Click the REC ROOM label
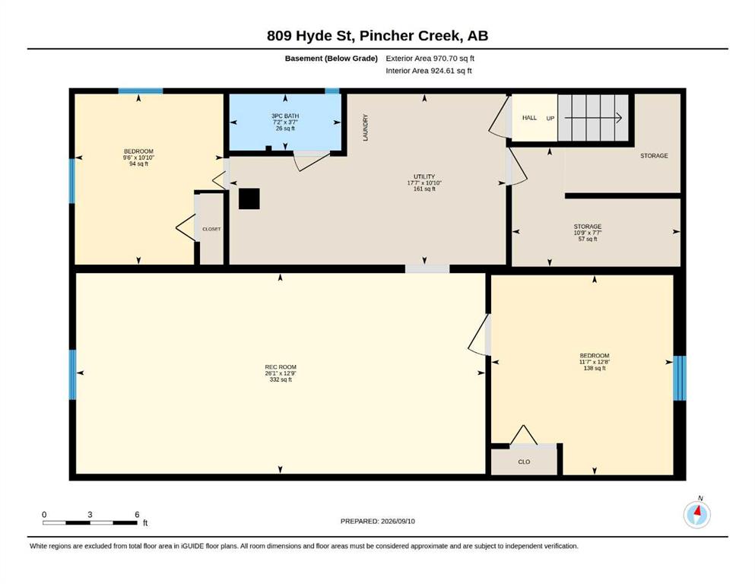click(x=281, y=367)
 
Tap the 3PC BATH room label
click(x=285, y=116)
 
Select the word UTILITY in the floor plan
click(x=424, y=176)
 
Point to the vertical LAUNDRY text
click(x=365, y=128)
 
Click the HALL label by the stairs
click(x=529, y=118)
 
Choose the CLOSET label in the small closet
click(x=211, y=229)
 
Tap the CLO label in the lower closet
click(x=524, y=462)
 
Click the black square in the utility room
click(x=249, y=198)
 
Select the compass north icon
click(x=696, y=514)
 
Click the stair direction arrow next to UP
click(x=593, y=118)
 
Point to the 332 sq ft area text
click(x=281, y=379)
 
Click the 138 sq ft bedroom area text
click(x=595, y=368)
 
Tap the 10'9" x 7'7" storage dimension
click(x=588, y=233)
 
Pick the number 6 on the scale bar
click(x=137, y=515)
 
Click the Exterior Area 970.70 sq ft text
click(x=430, y=59)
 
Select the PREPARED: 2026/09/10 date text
click(x=377, y=521)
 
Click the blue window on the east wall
click(x=680, y=378)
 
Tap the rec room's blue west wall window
click(x=73, y=375)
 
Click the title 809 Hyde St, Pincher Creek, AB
click(x=377, y=36)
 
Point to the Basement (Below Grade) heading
click(x=332, y=59)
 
